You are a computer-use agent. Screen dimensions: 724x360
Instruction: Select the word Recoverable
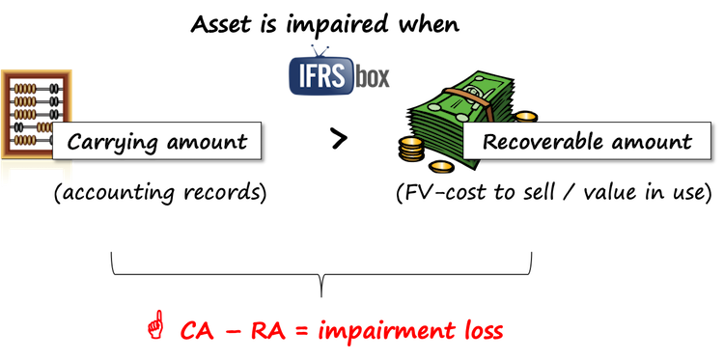click(538, 142)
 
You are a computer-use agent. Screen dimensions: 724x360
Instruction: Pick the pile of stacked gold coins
click(411, 150)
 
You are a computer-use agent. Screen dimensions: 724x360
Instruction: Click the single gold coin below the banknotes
click(441, 167)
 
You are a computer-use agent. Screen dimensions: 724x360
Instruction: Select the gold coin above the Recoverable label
click(525, 117)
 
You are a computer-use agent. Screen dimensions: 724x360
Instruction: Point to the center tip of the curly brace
click(322, 283)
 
